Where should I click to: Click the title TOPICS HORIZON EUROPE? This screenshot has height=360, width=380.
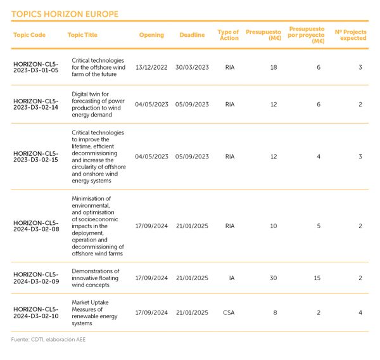[x=65, y=14]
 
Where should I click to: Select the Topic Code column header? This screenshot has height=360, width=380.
[x=29, y=35]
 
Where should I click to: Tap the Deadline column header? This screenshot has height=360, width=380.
[x=192, y=35]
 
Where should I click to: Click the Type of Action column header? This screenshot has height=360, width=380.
[x=228, y=35]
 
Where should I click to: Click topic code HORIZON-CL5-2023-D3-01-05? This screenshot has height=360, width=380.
[x=35, y=67]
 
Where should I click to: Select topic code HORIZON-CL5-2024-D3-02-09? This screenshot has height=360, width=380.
[x=35, y=278]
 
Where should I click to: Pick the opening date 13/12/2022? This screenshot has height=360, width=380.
[x=151, y=67]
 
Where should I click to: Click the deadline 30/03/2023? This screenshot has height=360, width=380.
[x=192, y=67]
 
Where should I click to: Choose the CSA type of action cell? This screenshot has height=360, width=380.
[x=229, y=312]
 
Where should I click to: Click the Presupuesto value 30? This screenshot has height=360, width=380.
[x=274, y=278]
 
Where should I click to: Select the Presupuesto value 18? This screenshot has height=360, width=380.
[x=274, y=67]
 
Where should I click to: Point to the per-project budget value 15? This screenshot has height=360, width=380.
[x=317, y=278]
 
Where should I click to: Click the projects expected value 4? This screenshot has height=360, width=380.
[x=360, y=312]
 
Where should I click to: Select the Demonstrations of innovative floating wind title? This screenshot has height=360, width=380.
[x=99, y=278]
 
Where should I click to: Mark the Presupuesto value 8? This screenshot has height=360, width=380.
[x=274, y=312]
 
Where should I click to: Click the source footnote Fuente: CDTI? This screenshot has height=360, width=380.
[x=48, y=340]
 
